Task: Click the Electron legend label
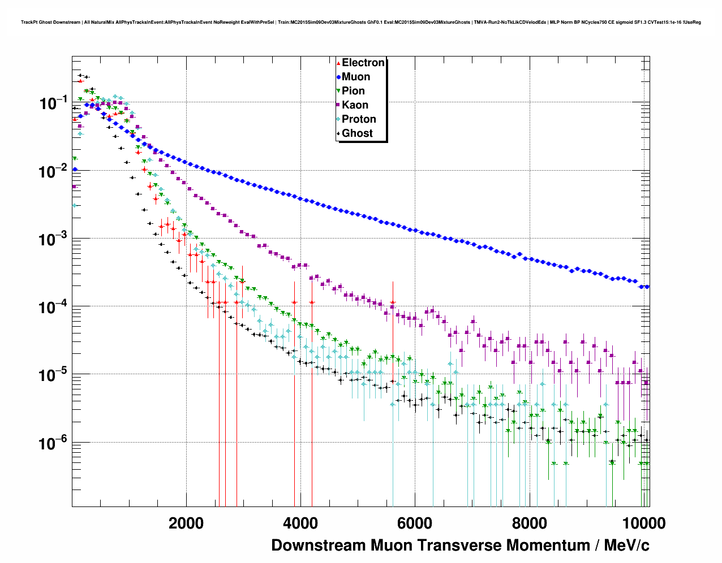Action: (363, 63)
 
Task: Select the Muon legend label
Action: (356, 77)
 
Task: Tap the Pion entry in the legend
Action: (353, 91)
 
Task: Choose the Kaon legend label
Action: (355, 105)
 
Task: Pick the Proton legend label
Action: (359, 119)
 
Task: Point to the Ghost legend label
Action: (357, 133)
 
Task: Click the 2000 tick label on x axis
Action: (186, 523)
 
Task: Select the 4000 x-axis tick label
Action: (300, 523)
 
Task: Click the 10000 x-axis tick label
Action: (643, 523)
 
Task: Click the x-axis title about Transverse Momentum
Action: (460, 545)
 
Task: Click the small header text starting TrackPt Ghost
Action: (360, 23)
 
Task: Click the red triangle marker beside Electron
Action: (338, 63)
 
